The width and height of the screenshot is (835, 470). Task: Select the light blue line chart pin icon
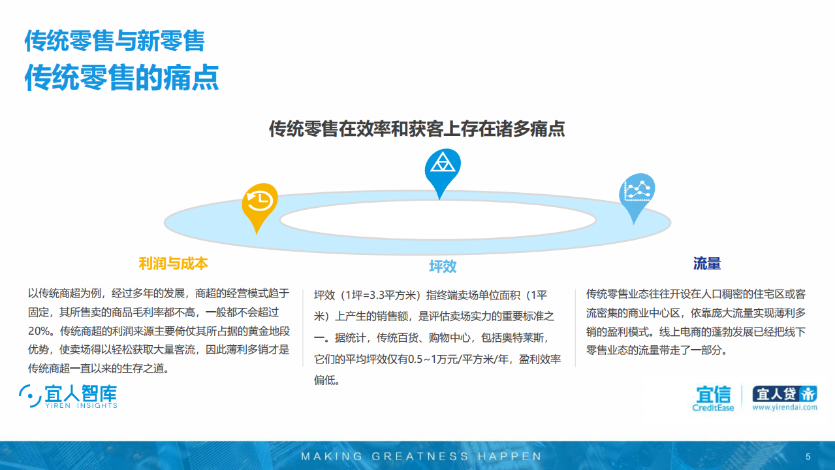[x=637, y=192]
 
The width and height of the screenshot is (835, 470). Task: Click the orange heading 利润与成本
[x=173, y=263]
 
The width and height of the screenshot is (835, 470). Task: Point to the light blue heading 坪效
[x=442, y=266]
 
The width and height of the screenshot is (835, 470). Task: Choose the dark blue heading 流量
[x=707, y=263]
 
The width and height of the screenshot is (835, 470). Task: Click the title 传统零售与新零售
[x=115, y=41]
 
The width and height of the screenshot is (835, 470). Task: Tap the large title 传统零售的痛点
[x=121, y=77]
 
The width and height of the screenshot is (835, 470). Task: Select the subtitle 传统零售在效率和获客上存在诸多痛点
[x=417, y=129]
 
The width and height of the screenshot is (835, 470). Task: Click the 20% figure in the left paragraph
[x=40, y=331]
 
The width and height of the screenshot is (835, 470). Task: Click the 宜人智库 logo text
[x=81, y=393]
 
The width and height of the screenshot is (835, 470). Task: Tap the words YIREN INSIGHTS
[x=81, y=406]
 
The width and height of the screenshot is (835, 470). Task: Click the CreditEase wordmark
[x=713, y=408]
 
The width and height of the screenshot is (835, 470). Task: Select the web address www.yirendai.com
[x=784, y=407]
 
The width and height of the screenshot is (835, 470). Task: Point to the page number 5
[x=808, y=456]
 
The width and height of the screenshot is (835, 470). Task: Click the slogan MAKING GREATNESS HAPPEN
[x=421, y=456]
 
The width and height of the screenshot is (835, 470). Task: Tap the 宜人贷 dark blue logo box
[x=784, y=394]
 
